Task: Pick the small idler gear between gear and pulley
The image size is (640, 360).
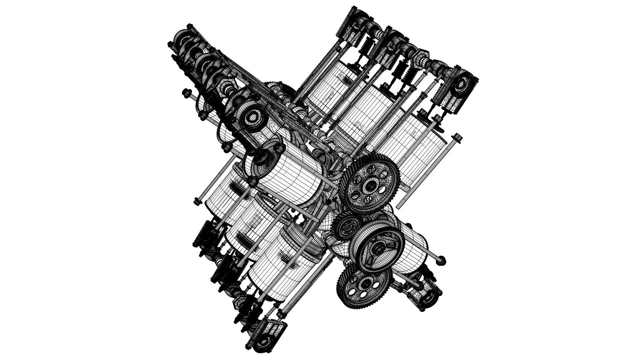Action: tap(347, 226)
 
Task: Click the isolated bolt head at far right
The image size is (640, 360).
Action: tap(457, 137)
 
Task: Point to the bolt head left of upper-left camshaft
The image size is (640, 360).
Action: tap(185, 92)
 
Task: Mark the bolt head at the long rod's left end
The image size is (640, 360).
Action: tap(197, 201)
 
